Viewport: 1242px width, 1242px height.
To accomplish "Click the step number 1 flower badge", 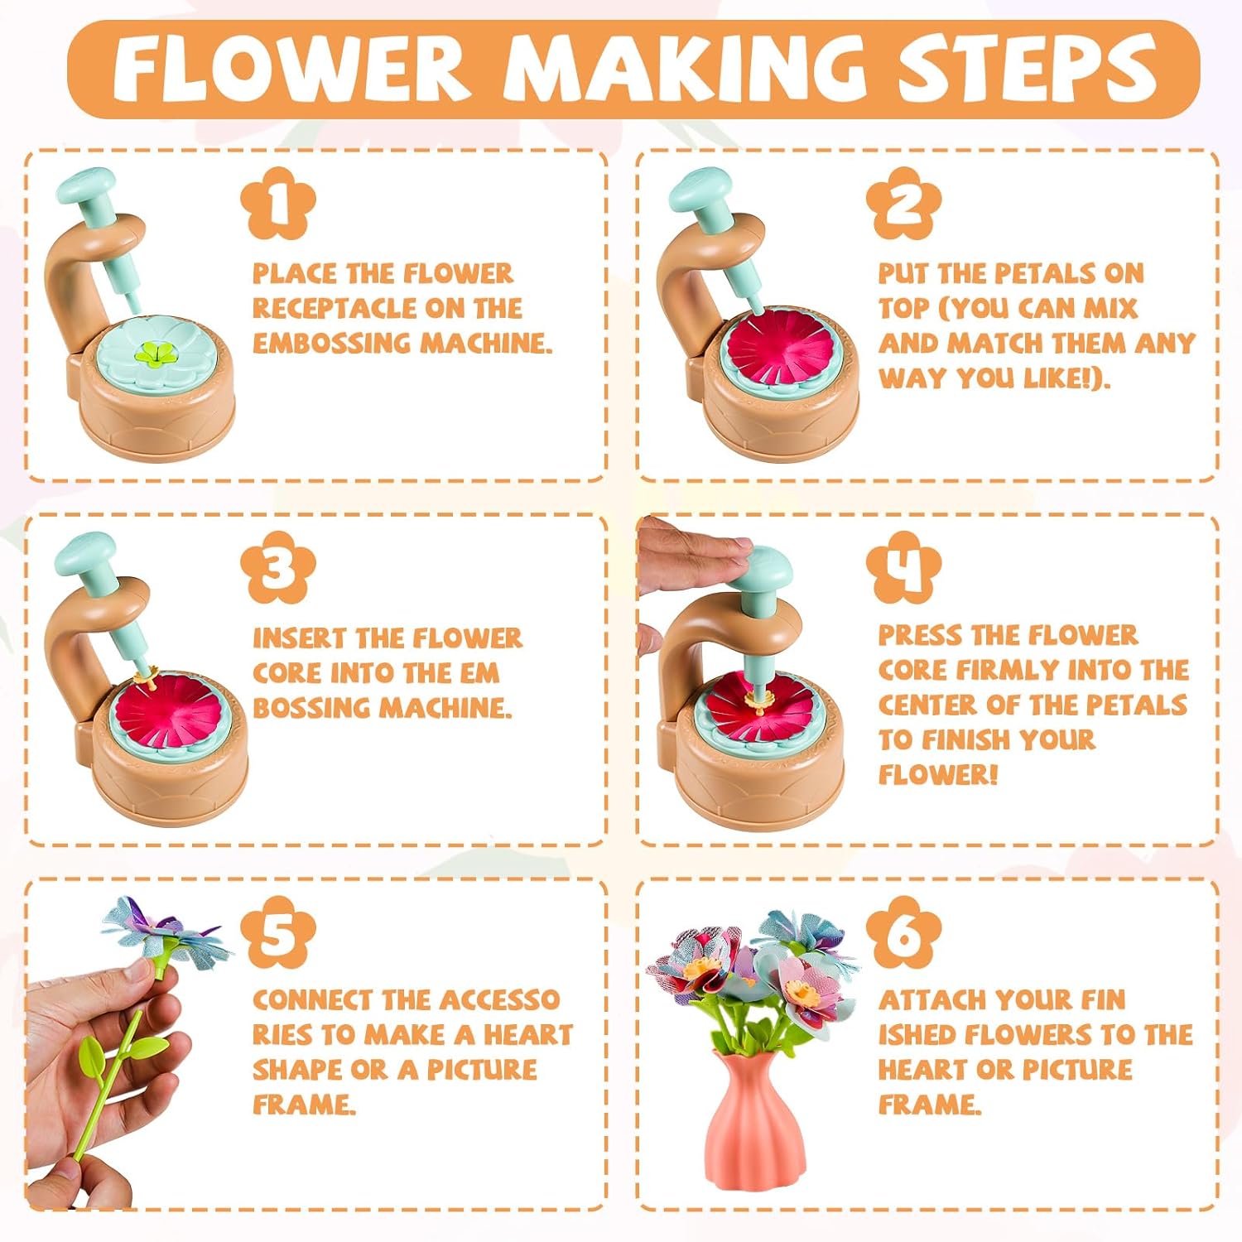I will coord(277,204).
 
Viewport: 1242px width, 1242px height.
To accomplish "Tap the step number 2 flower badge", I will coord(903,204).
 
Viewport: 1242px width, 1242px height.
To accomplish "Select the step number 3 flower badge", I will coord(277,568).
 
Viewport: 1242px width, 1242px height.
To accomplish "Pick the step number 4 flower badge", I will coord(903,568).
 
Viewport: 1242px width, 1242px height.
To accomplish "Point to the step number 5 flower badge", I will coord(277,932).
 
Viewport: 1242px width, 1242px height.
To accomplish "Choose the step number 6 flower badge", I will coord(903,932).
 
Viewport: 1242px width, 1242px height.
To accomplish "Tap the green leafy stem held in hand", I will coord(120,1068).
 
